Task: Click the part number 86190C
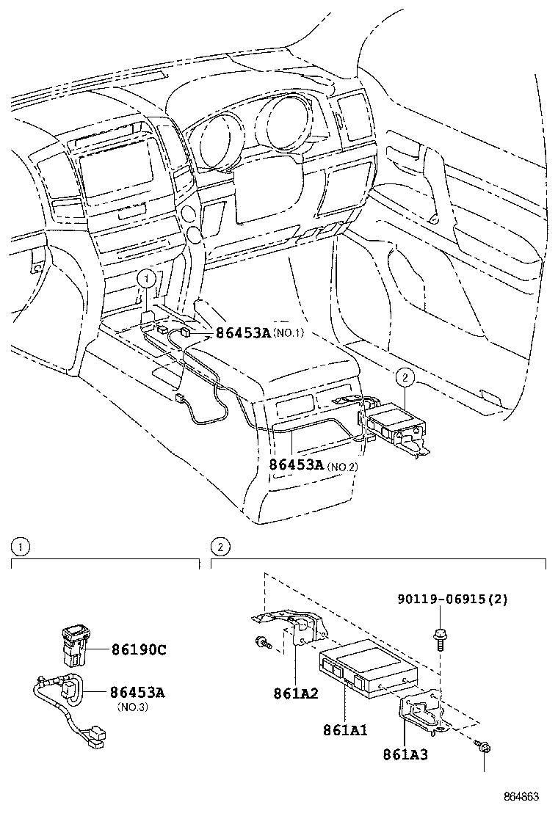[x=139, y=650]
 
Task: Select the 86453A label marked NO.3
[x=137, y=692]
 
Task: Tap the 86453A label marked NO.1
[x=243, y=333]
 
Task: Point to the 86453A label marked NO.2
[x=296, y=465]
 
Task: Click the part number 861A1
[x=344, y=730]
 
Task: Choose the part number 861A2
[x=295, y=692]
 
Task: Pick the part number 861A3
[x=405, y=754]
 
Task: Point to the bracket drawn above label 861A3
[x=424, y=711]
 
